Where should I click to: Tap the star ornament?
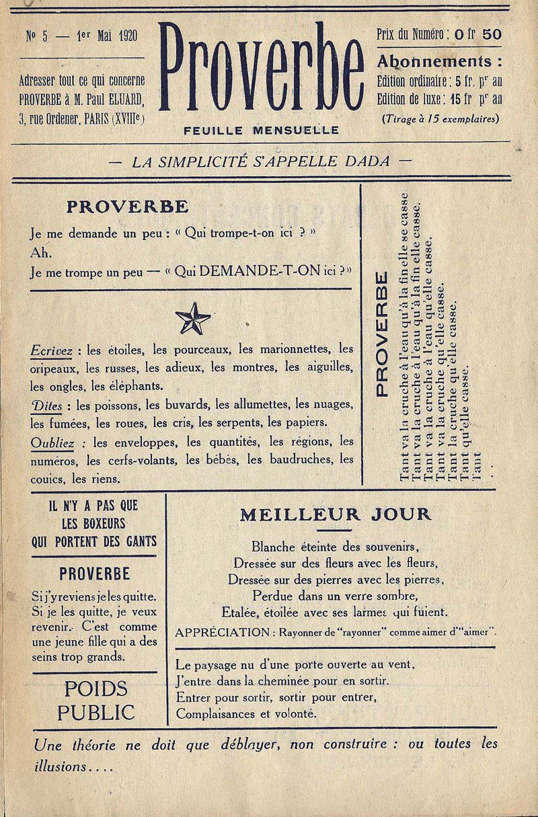[192, 318]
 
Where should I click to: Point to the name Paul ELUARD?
[120, 100]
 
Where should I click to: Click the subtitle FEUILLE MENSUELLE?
[261, 130]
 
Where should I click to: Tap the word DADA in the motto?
[369, 161]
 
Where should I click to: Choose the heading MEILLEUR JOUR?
[335, 515]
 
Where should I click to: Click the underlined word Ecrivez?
[51, 350]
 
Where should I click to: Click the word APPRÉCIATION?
[221, 632]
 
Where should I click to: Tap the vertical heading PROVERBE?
[381, 334]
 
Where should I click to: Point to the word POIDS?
[95, 689]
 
